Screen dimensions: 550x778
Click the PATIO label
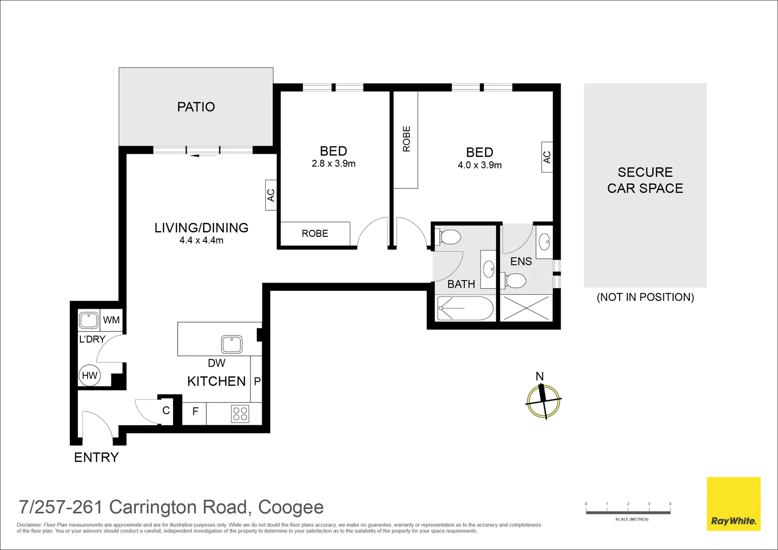click(x=196, y=107)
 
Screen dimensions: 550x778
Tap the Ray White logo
click(x=733, y=504)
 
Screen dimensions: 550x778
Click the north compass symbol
click(x=543, y=400)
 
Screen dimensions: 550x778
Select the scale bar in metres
click(x=628, y=512)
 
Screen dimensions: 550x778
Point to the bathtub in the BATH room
click(x=465, y=308)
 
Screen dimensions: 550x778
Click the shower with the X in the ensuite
click(x=526, y=308)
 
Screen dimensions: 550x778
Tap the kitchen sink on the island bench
click(x=232, y=344)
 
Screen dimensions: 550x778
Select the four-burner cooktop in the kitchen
click(x=240, y=414)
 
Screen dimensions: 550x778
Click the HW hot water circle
click(x=90, y=376)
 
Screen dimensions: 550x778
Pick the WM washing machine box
click(x=112, y=320)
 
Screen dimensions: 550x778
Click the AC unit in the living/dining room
click(x=271, y=195)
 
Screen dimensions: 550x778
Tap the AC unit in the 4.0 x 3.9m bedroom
click(x=547, y=157)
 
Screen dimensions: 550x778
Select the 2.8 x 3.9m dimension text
click(x=334, y=163)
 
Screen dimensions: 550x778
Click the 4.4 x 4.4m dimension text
click(x=201, y=240)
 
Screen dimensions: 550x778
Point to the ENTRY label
click(x=96, y=457)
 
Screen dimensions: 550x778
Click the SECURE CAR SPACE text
click(x=645, y=180)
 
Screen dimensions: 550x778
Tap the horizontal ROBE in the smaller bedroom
click(x=315, y=234)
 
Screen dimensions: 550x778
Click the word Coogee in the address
click(x=291, y=507)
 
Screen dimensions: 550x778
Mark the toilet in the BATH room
click(x=448, y=237)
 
